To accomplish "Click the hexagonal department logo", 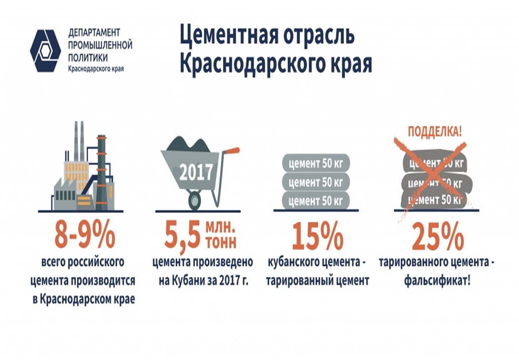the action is (45, 51).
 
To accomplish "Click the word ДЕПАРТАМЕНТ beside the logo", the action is (94, 33).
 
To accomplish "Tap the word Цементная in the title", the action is (229, 35).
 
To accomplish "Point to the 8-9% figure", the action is (85, 235).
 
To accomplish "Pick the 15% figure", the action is (318, 236).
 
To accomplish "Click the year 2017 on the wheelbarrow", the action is (196, 173).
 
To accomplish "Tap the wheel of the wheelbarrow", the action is (195, 200).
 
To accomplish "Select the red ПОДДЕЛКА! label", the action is (434, 132).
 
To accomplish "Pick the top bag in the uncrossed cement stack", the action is (316, 163).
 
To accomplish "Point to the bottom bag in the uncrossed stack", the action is (316, 201).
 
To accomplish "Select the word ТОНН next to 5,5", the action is (221, 242).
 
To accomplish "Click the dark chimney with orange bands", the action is (101, 172).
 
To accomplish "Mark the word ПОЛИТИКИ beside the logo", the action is (88, 57).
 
